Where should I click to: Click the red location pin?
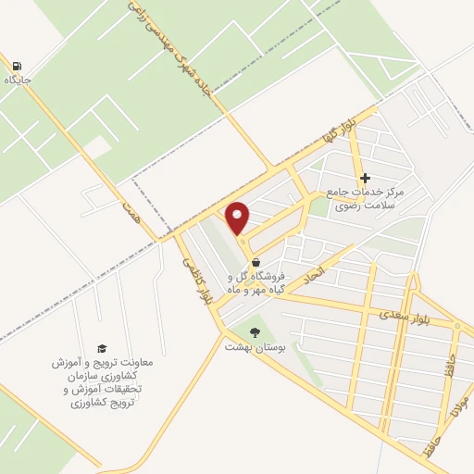pyautogui.click(x=238, y=218)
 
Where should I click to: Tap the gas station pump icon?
pyautogui.click(x=18, y=65)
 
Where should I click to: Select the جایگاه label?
pyautogui.click(x=18, y=81)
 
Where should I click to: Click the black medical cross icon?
pyautogui.click(x=365, y=178)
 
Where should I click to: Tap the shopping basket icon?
pyautogui.click(x=256, y=263)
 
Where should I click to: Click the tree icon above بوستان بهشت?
pyautogui.click(x=256, y=331)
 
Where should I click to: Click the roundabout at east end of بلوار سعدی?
pyautogui.click(x=456, y=326)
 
